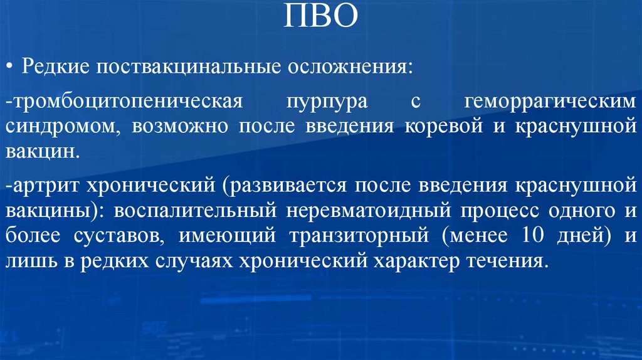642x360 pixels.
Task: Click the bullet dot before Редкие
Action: coord(12,67)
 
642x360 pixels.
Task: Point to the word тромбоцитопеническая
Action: coord(122,102)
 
